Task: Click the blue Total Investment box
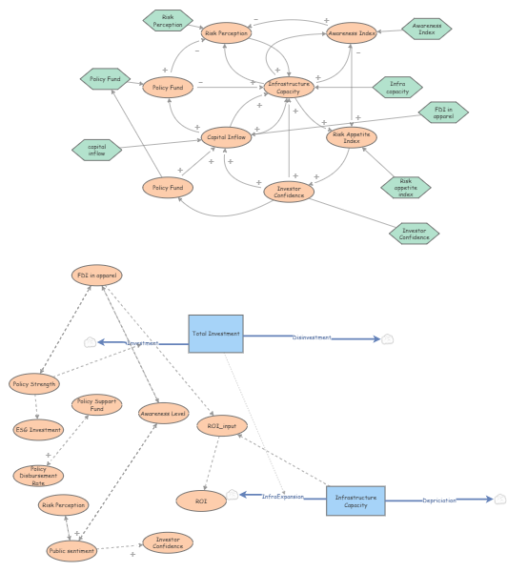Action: coord(215,333)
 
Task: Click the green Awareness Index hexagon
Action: coord(426,30)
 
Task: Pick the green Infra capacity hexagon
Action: coord(397,89)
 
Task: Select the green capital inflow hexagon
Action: coord(97,149)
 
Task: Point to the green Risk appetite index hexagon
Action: coord(406,186)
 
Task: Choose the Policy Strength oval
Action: coord(34,384)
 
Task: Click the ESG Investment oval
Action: coord(39,430)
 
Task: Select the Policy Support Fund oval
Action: coord(96,405)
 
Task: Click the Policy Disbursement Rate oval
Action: coord(39,474)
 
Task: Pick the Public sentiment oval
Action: coord(71,550)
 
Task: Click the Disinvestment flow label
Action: coord(312,337)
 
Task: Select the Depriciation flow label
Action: coord(439,500)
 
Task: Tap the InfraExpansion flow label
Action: coord(282,497)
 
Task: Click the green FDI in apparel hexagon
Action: coord(442,112)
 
